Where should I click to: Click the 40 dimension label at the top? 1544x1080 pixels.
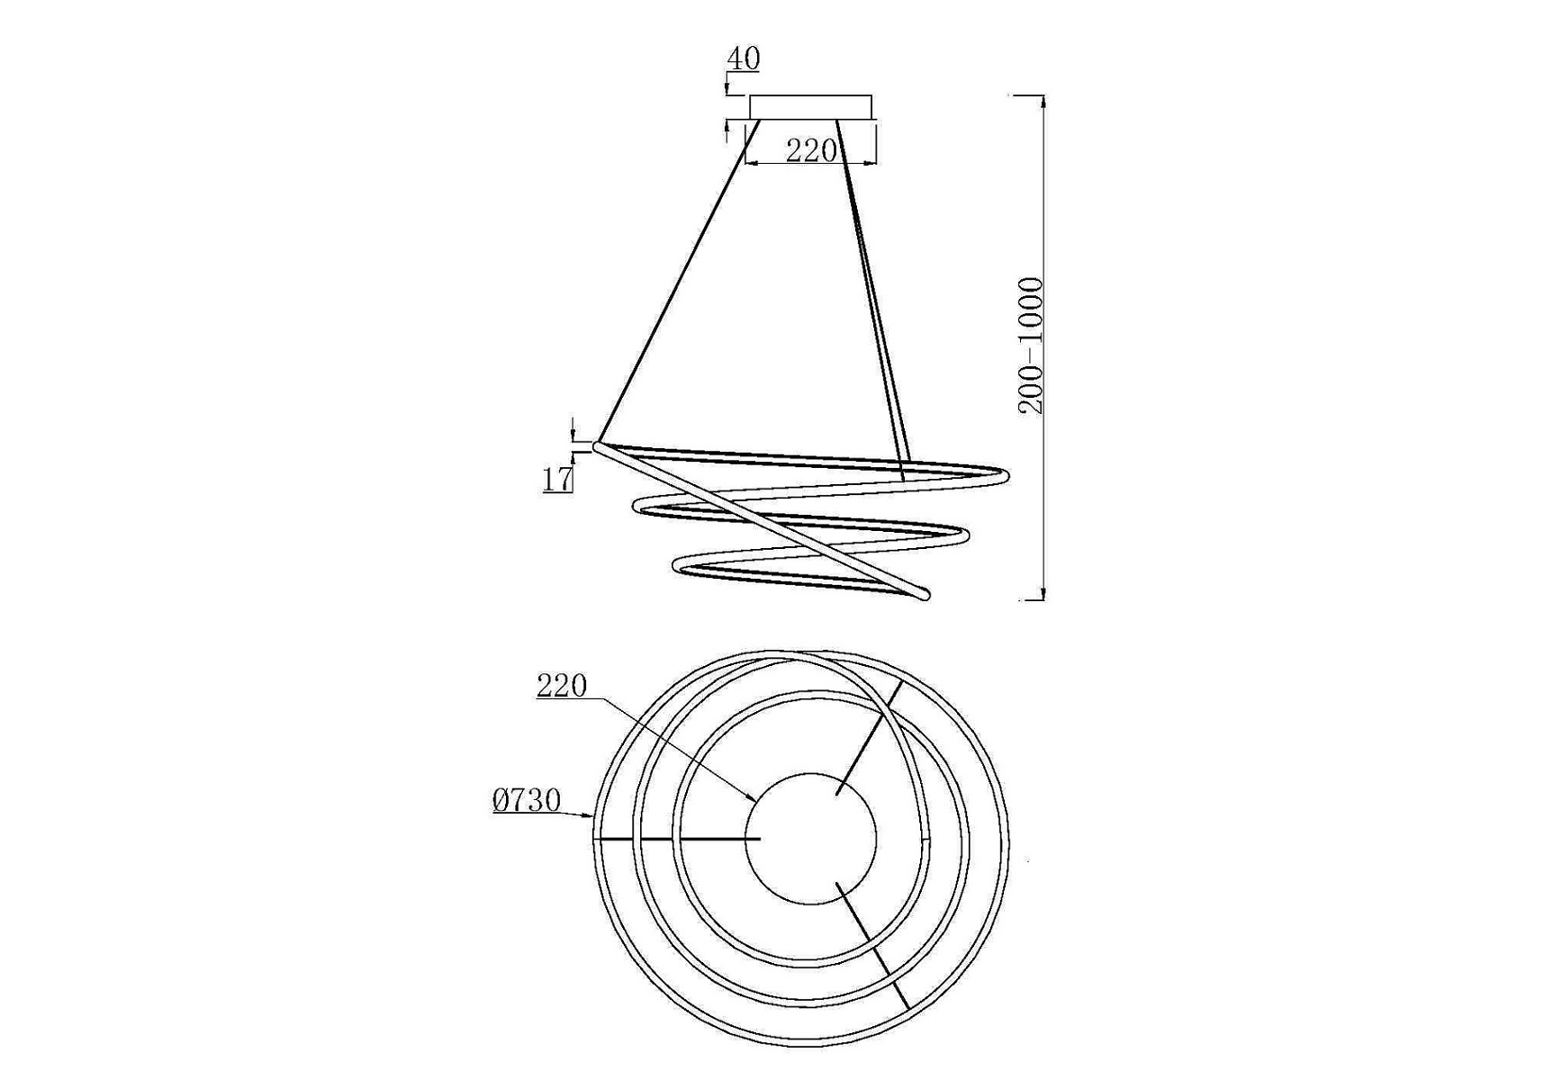744,59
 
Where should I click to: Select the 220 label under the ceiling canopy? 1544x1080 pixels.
811,151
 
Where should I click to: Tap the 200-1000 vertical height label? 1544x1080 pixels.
1031,346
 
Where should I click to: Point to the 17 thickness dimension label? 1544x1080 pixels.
557,480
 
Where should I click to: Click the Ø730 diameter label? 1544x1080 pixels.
527,800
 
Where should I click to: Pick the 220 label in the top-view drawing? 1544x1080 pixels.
562,686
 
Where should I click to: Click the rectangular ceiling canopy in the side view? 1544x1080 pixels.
811,107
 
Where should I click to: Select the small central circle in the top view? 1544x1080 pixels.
811,838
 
